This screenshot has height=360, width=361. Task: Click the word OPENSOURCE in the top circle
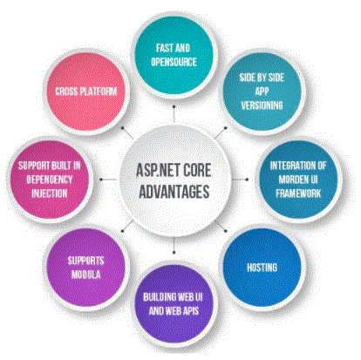174,62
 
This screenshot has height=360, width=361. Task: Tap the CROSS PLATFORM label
86,92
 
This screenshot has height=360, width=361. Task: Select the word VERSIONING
262,105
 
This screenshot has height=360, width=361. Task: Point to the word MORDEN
290,180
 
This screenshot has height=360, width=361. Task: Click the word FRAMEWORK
298,194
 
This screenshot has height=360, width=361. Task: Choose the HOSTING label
262,268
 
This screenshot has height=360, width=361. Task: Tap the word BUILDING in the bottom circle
160,297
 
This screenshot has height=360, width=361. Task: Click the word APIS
190,311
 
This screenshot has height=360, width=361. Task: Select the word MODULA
86,275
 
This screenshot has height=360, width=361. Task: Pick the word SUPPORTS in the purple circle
85,261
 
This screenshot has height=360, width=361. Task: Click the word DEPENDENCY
50,180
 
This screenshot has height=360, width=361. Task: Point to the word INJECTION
50,194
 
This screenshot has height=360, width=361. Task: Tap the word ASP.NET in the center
157,170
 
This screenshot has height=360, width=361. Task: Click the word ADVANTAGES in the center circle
174,192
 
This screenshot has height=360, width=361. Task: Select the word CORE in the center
197,170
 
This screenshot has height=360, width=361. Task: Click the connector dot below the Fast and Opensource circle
174,106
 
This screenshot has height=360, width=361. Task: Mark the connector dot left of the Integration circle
247,180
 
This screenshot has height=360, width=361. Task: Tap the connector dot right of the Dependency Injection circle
101,180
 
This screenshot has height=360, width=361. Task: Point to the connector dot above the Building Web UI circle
174,252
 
